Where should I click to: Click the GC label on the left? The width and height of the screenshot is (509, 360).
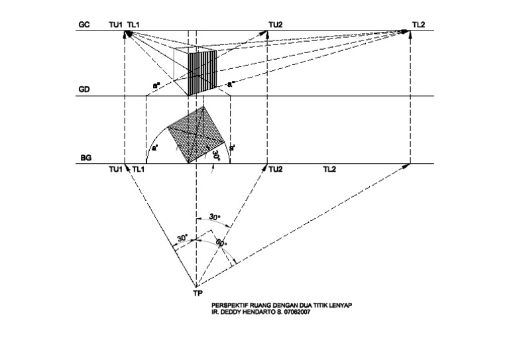[84, 25]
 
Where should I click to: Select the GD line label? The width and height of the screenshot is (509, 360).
[84, 89]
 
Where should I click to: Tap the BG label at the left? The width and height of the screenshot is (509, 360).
[85, 159]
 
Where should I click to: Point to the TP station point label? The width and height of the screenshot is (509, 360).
[198, 292]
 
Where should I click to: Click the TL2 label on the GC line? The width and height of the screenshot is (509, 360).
[418, 25]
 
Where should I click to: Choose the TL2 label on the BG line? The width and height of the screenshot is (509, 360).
[329, 170]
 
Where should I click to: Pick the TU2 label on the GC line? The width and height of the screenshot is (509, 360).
[275, 25]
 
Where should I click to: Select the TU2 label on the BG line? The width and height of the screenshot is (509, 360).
[276, 170]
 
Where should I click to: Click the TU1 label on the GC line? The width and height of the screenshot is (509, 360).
[115, 25]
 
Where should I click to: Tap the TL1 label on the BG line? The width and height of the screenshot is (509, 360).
[139, 170]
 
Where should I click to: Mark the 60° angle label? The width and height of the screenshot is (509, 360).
[221, 243]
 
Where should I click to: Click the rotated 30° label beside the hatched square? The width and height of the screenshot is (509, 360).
[215, 157]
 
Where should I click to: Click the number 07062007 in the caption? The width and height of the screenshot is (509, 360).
[297, 314]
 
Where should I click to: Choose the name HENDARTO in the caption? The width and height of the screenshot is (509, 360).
[257, 314]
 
